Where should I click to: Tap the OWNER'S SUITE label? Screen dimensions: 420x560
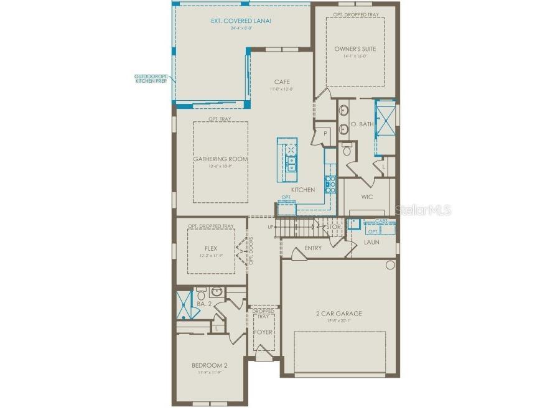click(x=355, y=49)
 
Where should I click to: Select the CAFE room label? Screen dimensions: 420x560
click(x=281, y=82)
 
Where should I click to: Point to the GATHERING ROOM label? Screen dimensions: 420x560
click(x=220, y=159)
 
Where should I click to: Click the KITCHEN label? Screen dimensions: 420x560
click(x=303, y=190)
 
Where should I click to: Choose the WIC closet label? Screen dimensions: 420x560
click(x=367, y=197)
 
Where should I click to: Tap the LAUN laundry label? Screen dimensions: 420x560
click(x=371, y=242)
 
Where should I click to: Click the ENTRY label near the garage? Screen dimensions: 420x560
click(x=313, y=248)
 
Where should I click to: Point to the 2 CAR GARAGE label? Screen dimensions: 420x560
click(x=338, y=314)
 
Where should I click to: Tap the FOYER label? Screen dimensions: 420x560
click(x=263, y=332)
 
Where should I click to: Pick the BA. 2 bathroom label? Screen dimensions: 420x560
click(x=205, y=304)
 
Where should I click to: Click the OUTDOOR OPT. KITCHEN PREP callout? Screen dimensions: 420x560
click(x=151, y=79)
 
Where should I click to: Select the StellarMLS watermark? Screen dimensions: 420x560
click(x=422, y=210)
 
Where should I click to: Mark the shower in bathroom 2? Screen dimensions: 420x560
click(x=184, y=305)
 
